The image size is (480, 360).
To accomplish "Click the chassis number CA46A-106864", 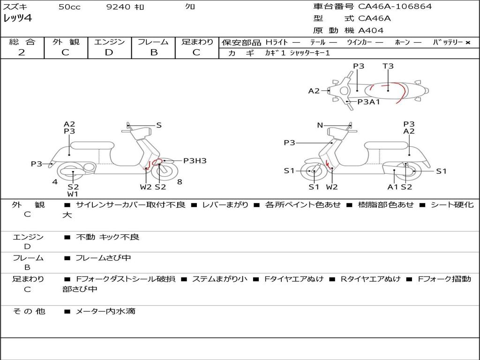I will pyautogui.click(x=395, y=7).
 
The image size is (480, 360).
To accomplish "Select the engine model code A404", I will pyautogui.click(x=371, y=30).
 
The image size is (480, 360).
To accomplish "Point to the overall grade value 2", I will pyautogui.click(x=22, y=52).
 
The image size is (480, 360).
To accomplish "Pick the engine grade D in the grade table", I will pyautogui.click(x=109, y=52).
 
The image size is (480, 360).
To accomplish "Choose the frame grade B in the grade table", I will pyautogui.click(x=153, y=52).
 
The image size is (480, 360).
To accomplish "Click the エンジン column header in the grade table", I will pyautogui.click(x=109, y=42).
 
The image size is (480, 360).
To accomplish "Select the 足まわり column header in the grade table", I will pyautogui.click(x=197, y=42).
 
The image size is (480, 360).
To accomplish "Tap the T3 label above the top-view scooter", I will pyautogui.click(x=388, y=66).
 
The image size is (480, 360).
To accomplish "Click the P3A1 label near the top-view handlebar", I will pyautogui.click(x=368, y=102).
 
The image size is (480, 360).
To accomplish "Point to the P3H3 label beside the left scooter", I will pyautogui.click(x=195, y=161).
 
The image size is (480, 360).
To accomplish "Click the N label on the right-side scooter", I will pyautogui.click(x=320, y=125).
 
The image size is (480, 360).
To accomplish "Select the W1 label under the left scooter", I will pyautogui.click(x=73, y=194).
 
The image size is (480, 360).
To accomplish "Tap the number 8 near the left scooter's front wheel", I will pyautogui.click(x=180, y=182).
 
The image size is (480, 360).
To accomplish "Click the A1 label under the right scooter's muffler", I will pyautogui.click(x=393, y=187).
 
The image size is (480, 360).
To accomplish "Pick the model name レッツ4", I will pyautogui.click(x=17, y=19).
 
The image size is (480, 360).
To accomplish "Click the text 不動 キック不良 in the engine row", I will pyautogui.click(x=107, y=237).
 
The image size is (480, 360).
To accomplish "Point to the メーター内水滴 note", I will pyautogui.click(x=105, y=311).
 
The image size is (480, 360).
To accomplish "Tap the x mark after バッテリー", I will pyautogui.click(x=467, y=42).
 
